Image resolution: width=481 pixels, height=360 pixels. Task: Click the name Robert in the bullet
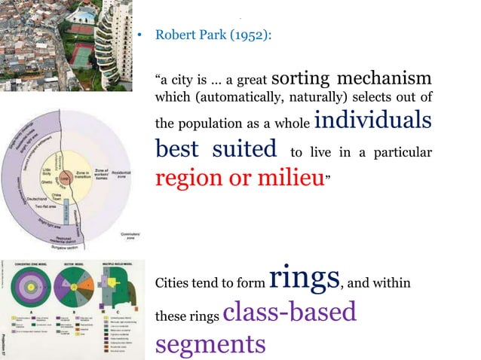(x=173, y=35)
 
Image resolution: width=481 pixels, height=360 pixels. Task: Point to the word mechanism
(x=384, y=78)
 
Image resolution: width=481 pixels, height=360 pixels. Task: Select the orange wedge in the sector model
(x=73, y=285)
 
